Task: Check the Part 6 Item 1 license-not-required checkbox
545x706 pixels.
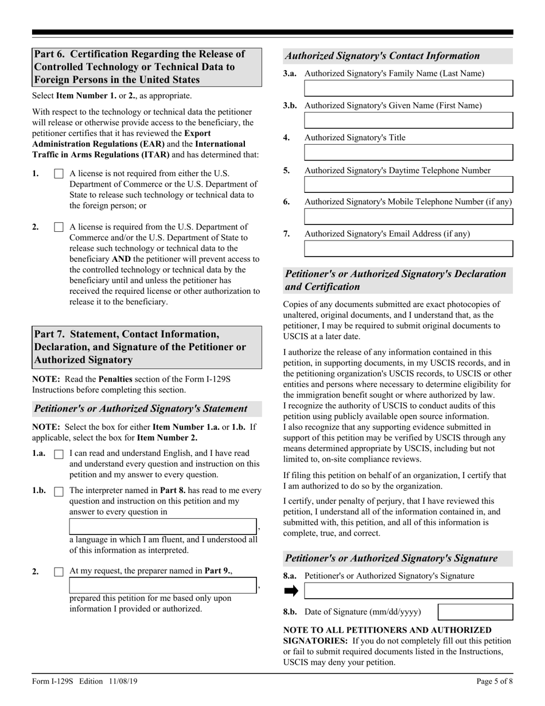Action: (x=59, y=174)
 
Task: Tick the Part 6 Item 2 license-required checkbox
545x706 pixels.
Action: (x=59, y=227)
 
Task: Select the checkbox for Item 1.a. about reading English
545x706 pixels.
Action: (x=59, y=454)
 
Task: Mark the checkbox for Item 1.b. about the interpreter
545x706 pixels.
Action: (x=59, y=491)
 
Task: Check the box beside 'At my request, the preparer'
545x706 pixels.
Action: (x=59, y=572)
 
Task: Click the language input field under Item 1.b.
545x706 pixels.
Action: (x=163, y=526)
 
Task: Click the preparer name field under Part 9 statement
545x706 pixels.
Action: (x=163, y=585)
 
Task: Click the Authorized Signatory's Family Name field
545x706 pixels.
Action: (x=408, y=88)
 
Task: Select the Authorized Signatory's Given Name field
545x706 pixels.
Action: (x=408, y=120)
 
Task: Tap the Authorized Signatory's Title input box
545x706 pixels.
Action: (x=408, y=152)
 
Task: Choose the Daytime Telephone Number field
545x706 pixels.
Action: (x=408, y=184)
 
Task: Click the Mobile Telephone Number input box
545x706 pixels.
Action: (x=408, y=216)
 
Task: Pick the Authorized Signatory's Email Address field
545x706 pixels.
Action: (x=408, y=248)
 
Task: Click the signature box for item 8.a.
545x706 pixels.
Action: (x=408, y=591)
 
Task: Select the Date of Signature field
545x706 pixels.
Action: (x=475, y=612)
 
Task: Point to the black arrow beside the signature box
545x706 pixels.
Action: (x=291, y=591)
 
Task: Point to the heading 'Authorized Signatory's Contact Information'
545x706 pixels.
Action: (x=382, y=56)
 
